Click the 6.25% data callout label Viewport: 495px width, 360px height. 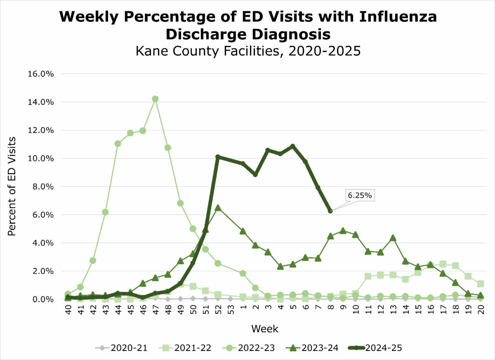click(x=360, y=196)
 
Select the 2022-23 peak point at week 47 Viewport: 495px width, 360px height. click(x=155, y=99)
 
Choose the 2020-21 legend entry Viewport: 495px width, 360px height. click(x=122, y=348)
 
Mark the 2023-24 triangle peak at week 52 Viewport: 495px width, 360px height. click(x=218, y=208)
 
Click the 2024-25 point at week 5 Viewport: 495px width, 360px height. click(x=293, y=146)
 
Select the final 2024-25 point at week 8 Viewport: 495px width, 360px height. click(x=330, y=211)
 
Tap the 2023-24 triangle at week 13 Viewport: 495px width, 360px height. click(x=393, y=238)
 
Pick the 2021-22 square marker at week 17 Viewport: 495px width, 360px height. click(x=443, y=264)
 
